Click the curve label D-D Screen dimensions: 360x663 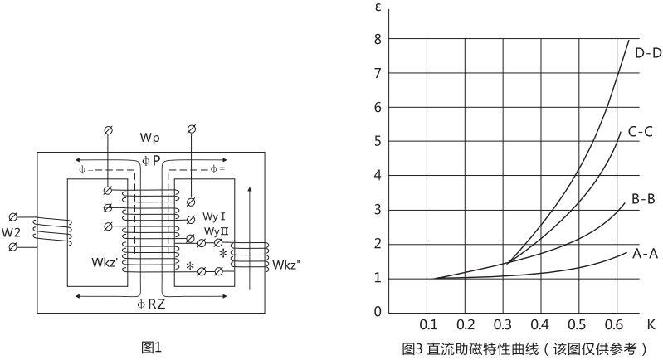tap(647, 54)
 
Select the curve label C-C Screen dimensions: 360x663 tap(644, 131)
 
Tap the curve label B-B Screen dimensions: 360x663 tap(644, 200)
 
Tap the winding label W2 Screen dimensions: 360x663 tap(12, 231)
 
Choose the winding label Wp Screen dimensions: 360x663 tap(149, 135)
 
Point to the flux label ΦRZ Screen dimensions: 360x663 tap(151, 304)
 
